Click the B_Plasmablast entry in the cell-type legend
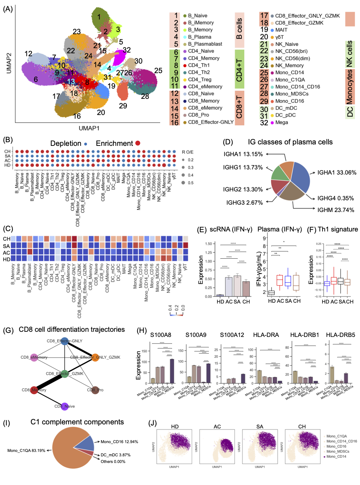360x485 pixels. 205,44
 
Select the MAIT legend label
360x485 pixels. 281,30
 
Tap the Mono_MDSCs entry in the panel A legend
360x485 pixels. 292,94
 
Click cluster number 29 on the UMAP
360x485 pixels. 123,106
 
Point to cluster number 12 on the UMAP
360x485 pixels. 28,54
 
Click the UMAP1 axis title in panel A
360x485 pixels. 89,128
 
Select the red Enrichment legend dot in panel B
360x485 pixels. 138,143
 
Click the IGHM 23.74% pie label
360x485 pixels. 335,210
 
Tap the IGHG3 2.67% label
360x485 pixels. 244,202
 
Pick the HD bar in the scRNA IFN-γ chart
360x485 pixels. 220,295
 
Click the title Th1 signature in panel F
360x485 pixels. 338,229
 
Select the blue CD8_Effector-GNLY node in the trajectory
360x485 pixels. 65,341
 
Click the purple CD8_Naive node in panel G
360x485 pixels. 65,406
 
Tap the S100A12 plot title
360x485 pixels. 232,335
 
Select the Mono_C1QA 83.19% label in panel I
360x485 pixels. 26,450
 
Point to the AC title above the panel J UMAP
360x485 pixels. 217,427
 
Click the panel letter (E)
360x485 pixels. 202,230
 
